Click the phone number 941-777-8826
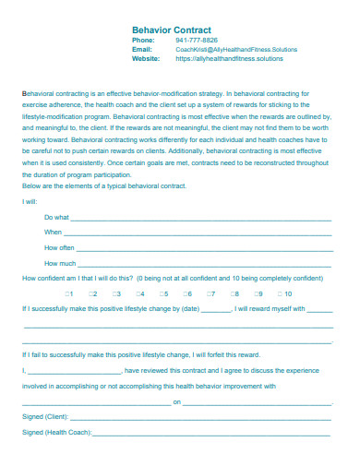click(x=197, y=41)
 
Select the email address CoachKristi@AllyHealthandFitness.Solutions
click(x=236, y=49)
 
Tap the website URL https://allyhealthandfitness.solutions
click(x=230, y=57)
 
